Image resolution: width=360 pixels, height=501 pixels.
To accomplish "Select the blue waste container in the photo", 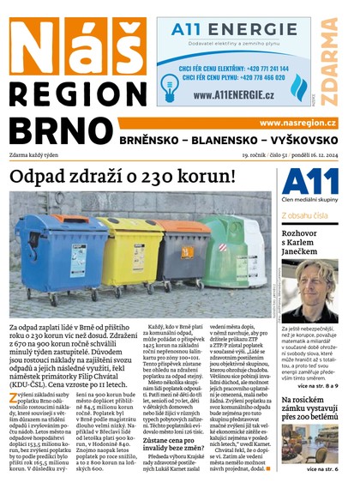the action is pyautogui.click(x=63, y=249).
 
